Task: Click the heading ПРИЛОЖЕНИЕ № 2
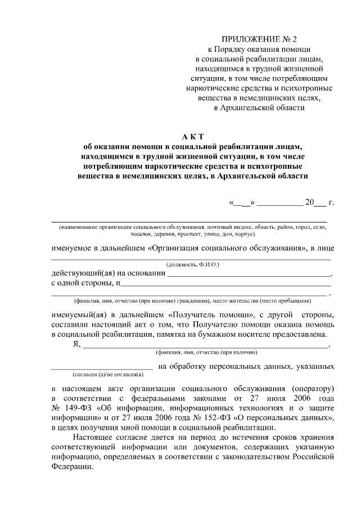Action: [259, 39]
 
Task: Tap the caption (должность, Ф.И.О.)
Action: [192, 264]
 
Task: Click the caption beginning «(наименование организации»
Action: [191, 227]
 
